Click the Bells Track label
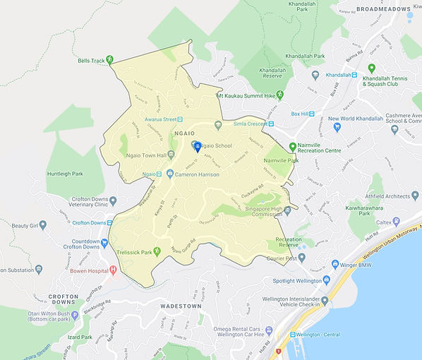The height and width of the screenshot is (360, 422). (92, 61)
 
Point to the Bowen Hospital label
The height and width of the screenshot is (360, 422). (89, 271)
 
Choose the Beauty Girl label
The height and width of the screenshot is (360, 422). (19, 226)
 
